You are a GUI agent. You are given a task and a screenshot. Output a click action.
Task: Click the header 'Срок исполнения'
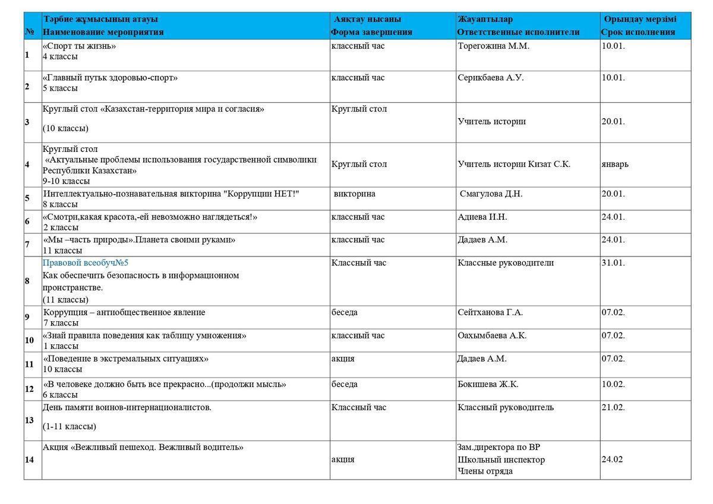click(638, 32)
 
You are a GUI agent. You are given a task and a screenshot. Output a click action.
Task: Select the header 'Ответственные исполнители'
click(518, 32)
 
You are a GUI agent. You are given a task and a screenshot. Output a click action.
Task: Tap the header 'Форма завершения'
click(371, 32)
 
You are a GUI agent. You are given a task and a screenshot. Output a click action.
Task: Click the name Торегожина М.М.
click(493, 46)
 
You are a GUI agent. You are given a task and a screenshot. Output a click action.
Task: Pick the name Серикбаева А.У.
click(491, 78)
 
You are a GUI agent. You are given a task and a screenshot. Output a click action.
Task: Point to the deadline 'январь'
click(615, 164)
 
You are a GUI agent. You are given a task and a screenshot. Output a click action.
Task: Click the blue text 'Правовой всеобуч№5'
click(86, 263)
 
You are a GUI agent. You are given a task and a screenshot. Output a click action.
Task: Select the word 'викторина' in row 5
click(355, 194)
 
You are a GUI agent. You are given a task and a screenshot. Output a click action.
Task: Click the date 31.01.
click(613, 263)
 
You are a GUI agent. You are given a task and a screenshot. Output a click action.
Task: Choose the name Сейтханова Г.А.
click(490, 313)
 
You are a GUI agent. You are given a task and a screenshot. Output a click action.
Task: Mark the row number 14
click(29, 459)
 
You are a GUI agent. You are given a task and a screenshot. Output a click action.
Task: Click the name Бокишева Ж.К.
click(488, 385)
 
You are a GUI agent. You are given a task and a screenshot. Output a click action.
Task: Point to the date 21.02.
click(613, 408)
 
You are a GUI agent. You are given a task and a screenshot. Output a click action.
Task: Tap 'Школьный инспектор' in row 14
click(501, 460)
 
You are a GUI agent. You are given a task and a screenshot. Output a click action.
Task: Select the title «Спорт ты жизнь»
click(79, 46)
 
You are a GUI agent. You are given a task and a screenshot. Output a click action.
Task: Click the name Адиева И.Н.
click(482, 217)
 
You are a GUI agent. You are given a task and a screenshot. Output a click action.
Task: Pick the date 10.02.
click(613, 385)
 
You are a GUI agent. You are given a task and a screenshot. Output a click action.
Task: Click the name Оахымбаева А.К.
click(492, 336)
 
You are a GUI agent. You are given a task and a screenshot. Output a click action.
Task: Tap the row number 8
click(27, 281)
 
